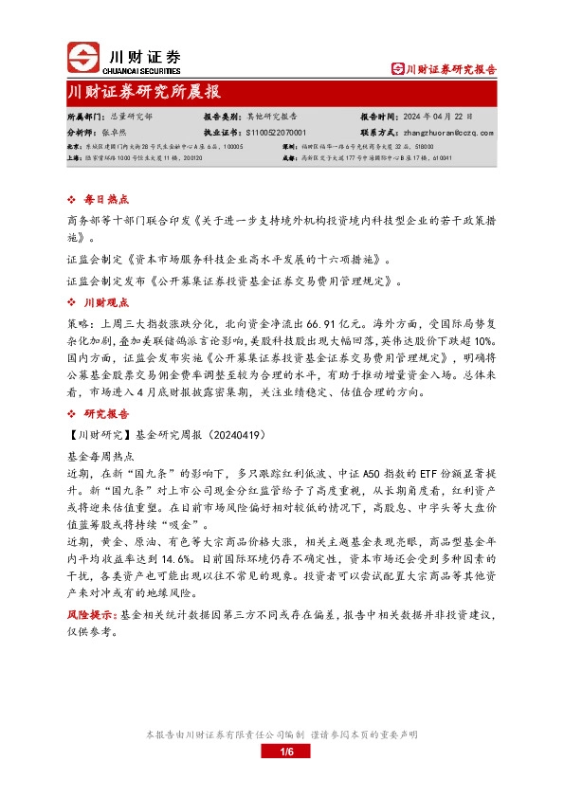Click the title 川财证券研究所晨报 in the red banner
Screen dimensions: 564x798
[144, 92]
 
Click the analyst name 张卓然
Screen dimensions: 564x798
[115, 133]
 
